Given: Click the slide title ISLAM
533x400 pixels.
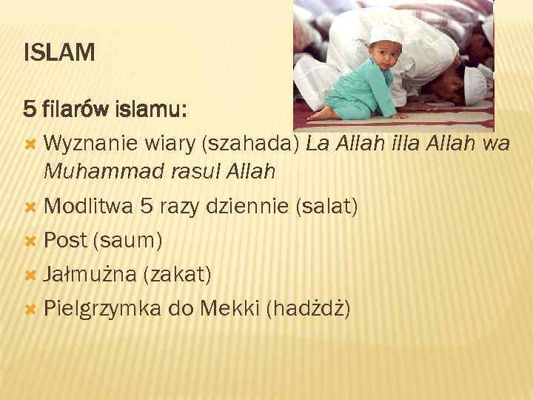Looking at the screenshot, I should pos(59,53).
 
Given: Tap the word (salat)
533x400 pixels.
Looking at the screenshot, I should pos(326,207).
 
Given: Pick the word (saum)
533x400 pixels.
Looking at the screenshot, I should pos(126,240).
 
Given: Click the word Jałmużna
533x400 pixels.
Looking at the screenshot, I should pos(90,274).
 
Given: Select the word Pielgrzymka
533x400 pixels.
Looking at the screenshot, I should pos(102,308).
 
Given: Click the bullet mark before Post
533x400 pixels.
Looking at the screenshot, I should pos(30,241).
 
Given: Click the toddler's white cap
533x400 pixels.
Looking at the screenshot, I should pos(386,33).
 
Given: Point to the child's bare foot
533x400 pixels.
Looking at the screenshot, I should pos(323,116).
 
